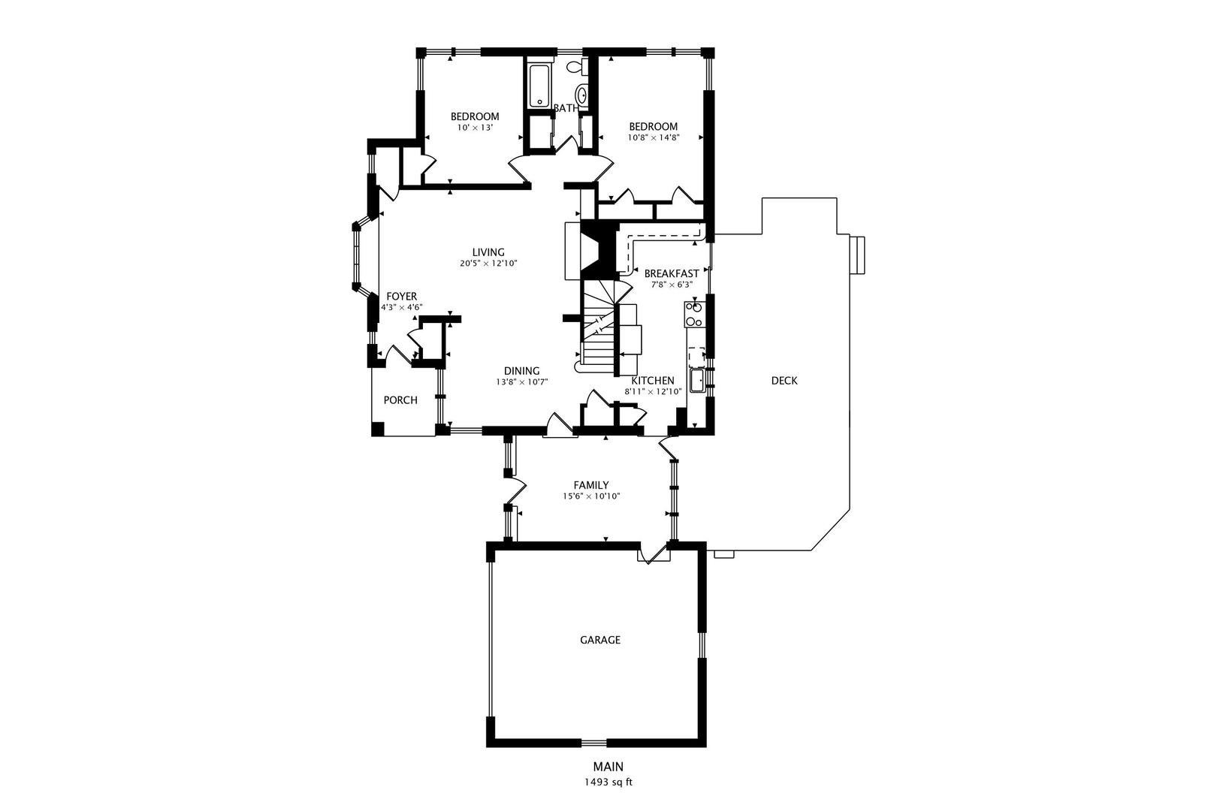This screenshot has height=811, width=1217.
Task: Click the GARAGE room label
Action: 599,640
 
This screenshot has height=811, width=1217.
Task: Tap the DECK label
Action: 784,381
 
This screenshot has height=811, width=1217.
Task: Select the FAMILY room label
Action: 591,485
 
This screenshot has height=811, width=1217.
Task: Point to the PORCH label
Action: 400,400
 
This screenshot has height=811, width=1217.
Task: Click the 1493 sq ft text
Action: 608,782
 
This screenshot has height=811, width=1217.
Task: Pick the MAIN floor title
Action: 608,767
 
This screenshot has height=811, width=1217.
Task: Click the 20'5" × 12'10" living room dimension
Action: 488,264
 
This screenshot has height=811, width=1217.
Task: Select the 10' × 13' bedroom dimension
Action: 475,128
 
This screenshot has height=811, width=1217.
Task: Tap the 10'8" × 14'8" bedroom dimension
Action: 654,138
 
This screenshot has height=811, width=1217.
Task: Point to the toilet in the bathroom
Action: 576,68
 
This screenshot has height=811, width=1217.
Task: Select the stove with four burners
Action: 694,314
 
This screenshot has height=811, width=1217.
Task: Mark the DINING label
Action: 521,371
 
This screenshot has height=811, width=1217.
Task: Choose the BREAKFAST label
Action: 672,274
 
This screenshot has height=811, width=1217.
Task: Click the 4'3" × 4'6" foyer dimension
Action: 401,307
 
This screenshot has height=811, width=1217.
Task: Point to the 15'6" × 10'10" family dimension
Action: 591,496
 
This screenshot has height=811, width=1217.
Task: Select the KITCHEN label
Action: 653,381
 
